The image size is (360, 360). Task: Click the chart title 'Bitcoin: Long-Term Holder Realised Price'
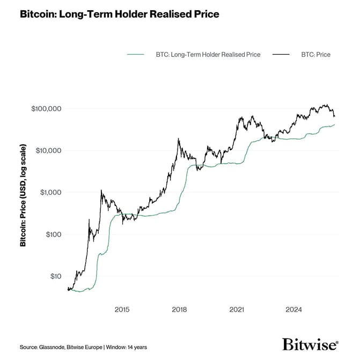[119, 14]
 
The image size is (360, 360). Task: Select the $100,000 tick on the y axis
[47, 108]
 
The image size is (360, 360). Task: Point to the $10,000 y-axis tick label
[49, 150]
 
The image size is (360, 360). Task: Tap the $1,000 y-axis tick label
[51, 192]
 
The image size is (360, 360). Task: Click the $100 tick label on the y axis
[54, 234]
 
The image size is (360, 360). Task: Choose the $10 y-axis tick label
[56, 276]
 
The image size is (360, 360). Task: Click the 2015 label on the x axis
[122, 310]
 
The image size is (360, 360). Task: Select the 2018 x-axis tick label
[179, 310]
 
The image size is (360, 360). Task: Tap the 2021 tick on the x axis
[237, 310]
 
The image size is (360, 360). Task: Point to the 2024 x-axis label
[294, 310]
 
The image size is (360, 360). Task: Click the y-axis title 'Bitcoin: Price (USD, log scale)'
[23, 195]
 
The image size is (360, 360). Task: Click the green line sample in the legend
[135, 55]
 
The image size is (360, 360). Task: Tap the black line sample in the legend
[281, 55]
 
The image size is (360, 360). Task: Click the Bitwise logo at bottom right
[310, 344]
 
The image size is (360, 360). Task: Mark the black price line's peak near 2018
[178, 139]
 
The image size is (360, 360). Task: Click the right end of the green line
[335, 124]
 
